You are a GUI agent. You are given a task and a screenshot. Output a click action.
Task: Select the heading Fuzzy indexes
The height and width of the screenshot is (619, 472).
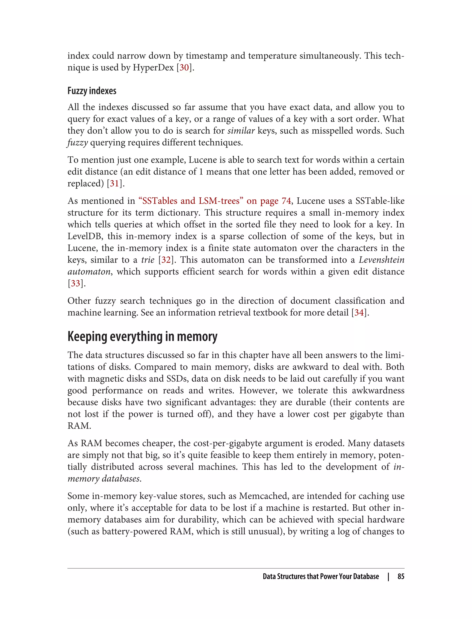pos(92,91)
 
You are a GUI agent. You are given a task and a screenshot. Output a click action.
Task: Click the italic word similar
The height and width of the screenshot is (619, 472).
pos(241,131)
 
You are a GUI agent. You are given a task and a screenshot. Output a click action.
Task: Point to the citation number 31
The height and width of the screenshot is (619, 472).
pos(114,184)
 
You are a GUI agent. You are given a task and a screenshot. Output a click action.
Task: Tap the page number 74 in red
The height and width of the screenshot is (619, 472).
pos(286,201)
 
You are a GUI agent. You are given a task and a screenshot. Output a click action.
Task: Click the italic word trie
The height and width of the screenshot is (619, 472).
pos(148,260)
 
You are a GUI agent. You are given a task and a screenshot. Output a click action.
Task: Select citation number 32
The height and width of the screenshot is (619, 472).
pos(166,260)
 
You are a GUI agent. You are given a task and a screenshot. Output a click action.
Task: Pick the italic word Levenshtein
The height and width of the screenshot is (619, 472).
pos(381,260)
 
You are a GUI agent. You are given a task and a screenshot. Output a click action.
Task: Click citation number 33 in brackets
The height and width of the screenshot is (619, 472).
pos(75,283)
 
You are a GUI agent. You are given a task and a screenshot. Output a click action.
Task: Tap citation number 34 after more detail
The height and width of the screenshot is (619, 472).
pos(359,313)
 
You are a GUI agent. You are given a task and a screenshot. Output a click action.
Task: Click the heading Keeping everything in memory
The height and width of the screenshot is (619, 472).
pos(142,337)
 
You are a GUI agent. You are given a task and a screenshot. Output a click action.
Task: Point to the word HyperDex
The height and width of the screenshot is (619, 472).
pos(153,68)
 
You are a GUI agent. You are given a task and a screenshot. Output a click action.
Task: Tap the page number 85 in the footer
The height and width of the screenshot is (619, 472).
pos(401,576)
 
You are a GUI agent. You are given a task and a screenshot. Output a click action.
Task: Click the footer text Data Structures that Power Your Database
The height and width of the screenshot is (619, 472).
pos(321,576)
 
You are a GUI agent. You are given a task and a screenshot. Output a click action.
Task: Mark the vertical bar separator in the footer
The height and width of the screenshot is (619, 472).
pos(388,576)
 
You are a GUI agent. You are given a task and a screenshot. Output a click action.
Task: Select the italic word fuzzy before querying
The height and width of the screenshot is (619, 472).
pos(77,143)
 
